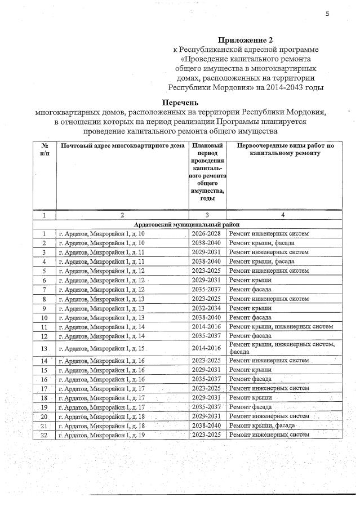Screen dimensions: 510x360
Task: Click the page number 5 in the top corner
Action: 327,14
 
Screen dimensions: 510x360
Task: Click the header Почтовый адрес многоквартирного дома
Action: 122,146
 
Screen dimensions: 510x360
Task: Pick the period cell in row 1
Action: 207,233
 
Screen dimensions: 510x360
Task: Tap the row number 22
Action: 45,435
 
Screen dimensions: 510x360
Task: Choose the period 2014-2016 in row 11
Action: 207,326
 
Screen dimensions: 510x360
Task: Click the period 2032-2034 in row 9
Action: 207,308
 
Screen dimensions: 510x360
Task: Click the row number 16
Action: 45,379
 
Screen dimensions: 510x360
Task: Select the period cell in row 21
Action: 207,425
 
